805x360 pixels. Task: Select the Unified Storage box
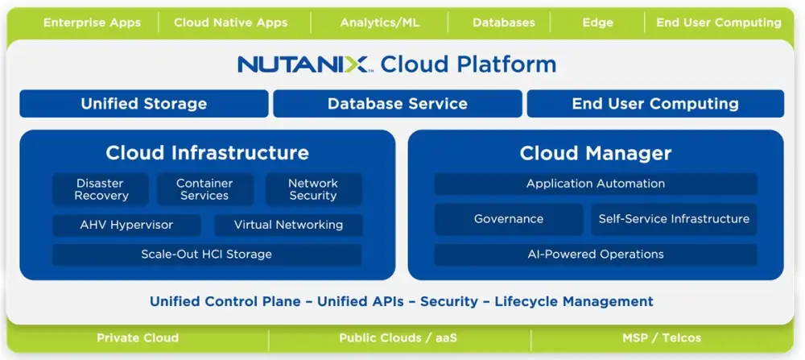tap(143, 103)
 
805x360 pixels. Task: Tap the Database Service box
tap(397, 103)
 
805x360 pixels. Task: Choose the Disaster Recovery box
tap(101, 189)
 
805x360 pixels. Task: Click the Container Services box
tap(204, 189)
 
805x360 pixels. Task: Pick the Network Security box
tap(313, 189)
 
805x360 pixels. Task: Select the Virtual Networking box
tap(288, 225)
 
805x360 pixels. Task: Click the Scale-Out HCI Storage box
tap(206, 254)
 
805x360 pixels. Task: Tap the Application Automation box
tap(596, 184)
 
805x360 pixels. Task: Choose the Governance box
tap(509, 219)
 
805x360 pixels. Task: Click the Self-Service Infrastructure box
tap(674, 219)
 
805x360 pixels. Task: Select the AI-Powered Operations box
tap(596, 254)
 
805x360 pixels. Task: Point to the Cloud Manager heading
tap(596, 153)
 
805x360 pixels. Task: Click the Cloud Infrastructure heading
tap(207, 152)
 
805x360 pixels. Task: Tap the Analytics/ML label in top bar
tap(380, 23)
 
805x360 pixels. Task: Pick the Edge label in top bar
tap(597, 23)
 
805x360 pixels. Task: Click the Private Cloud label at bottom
tap(138, 338)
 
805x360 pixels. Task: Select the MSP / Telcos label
tap(662, 338)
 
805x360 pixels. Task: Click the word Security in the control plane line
tap(448, 301)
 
